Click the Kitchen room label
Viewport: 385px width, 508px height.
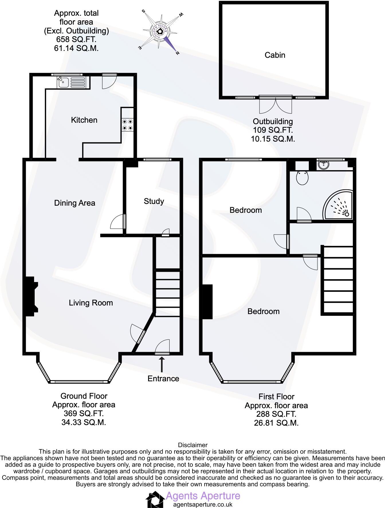84,120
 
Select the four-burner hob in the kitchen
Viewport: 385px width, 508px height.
127,125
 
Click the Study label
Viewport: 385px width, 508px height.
154,201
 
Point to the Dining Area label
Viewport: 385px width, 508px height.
74,203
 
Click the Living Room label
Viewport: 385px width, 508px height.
91,303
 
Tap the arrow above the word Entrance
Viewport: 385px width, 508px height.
162,364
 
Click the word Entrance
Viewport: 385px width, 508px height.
163,379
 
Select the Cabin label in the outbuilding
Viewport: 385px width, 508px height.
275,55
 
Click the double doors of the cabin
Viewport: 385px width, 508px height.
276,106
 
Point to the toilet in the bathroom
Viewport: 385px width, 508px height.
302,178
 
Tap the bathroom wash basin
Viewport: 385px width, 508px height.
324,164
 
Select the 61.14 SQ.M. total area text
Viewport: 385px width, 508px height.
76,48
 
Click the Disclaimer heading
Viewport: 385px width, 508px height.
192,445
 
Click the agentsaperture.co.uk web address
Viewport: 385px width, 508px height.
203,505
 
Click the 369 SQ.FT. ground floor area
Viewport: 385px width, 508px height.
84,414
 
